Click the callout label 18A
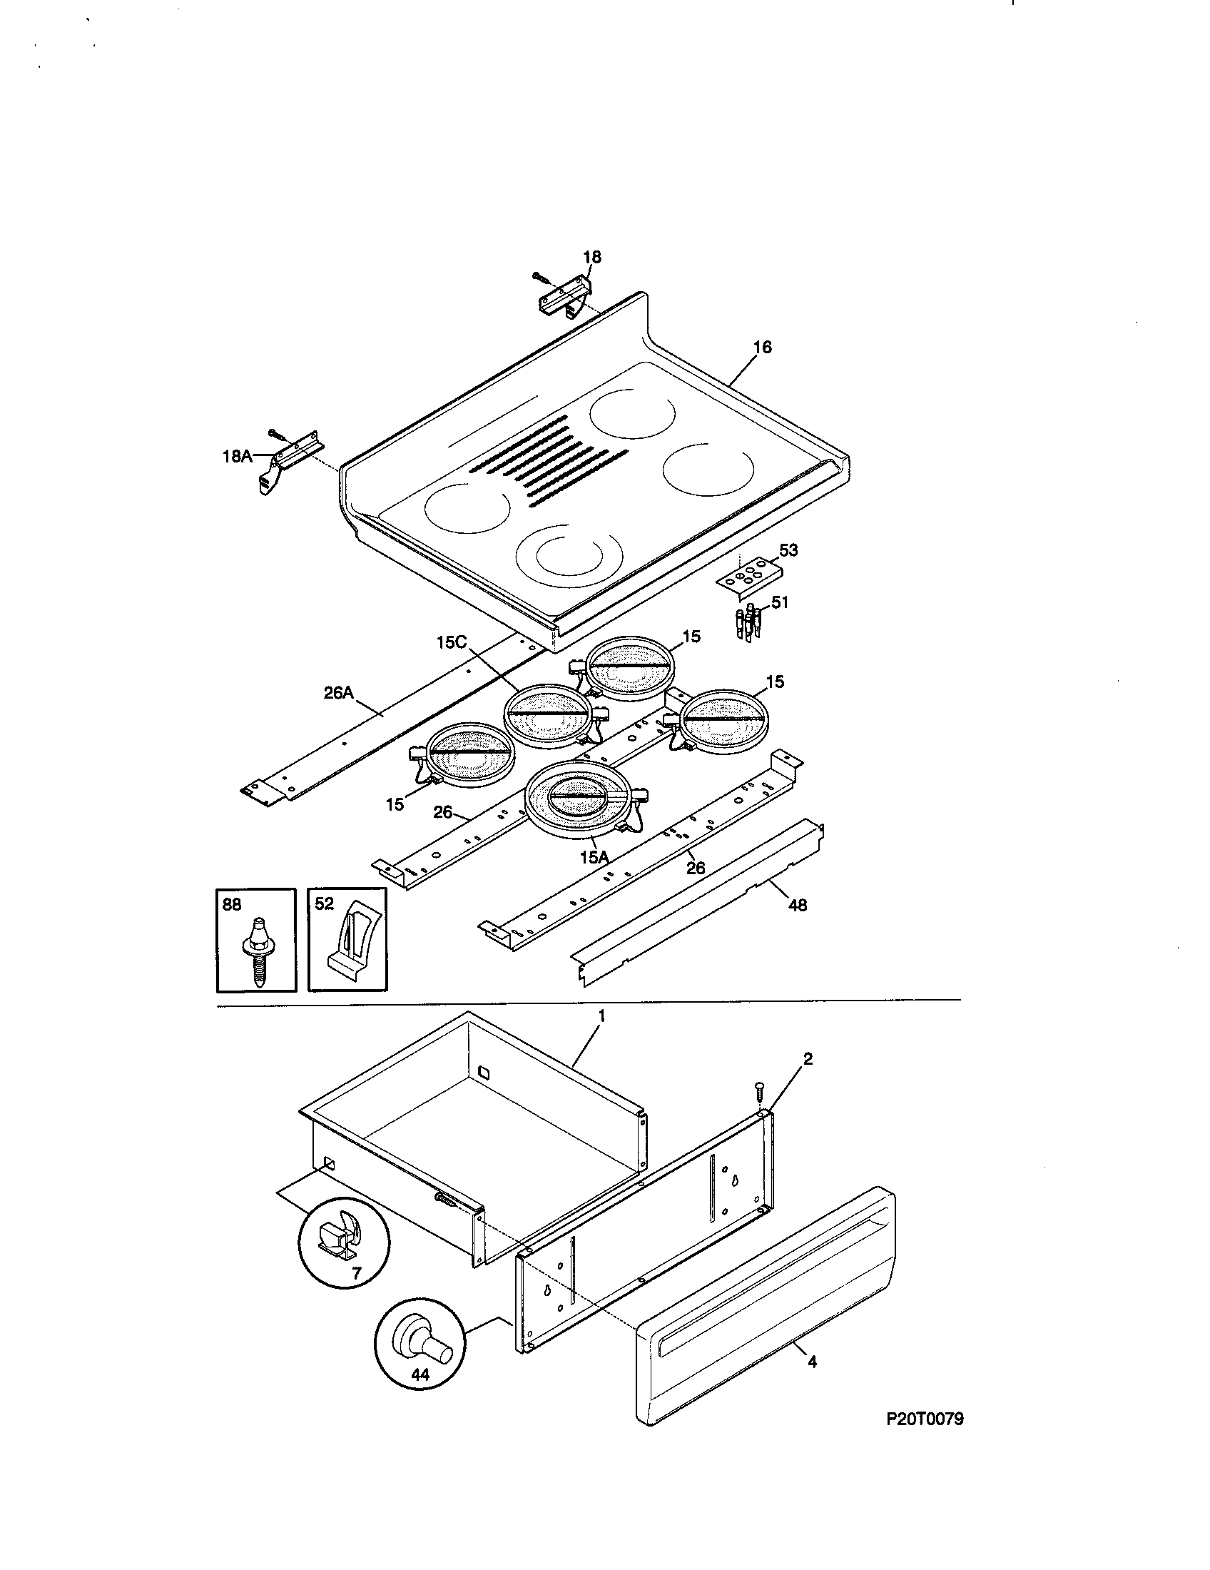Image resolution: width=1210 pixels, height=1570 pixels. (235, 456)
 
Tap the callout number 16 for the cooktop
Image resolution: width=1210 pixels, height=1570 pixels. (763, 348)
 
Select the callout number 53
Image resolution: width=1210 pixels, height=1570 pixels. (788, 550)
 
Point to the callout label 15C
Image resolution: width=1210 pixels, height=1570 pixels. (450, 642)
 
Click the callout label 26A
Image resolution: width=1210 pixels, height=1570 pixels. (337, 693)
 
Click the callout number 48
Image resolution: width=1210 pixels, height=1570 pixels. (798, 905)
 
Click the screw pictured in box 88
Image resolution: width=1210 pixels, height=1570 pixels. (257, 950)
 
